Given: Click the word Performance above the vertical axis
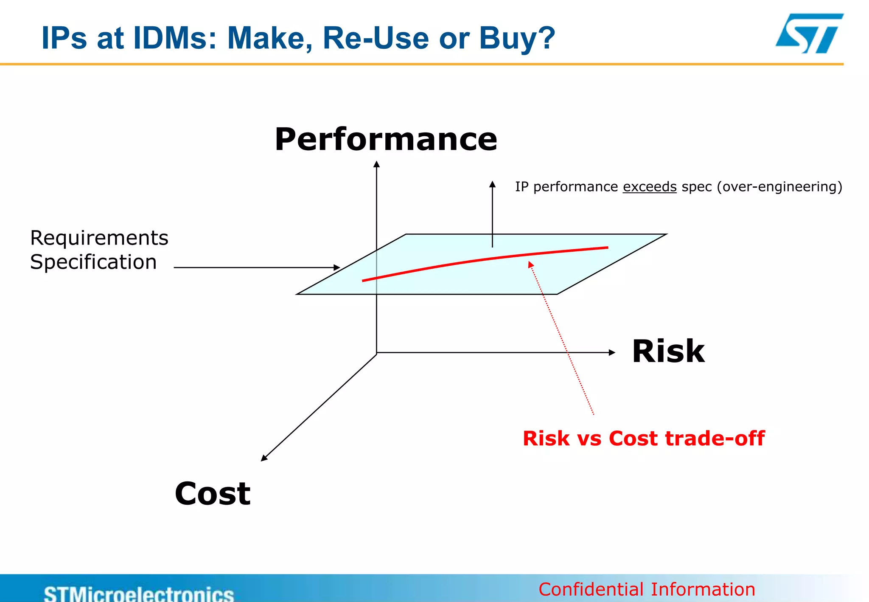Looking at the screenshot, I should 386,139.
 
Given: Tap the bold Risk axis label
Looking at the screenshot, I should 668,352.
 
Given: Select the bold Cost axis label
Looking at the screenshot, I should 213,493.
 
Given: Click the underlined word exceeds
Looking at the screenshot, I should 649,187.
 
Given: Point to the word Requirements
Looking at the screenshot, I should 99,238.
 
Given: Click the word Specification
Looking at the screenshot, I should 93,262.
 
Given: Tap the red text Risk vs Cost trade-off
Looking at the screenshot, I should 643,438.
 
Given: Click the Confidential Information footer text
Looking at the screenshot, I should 647,589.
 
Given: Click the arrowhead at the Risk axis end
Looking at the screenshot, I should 612,352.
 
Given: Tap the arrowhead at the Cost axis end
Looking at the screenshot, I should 264,458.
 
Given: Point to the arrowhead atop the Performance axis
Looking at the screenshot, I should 376,164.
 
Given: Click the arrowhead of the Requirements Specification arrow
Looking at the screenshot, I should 337,267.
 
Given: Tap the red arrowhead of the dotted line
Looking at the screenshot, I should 530,264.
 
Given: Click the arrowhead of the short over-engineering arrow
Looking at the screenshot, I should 492,184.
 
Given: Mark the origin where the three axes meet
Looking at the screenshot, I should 377,353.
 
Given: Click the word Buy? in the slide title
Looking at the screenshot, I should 517,38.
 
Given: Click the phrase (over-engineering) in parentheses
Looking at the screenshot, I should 779,187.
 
